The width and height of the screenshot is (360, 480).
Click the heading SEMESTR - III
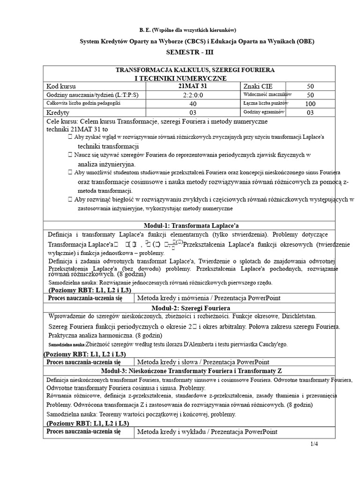pos(196,53)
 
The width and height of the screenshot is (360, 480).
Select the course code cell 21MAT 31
pos(193,86)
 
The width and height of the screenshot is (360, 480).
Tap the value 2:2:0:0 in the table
pos(193,95)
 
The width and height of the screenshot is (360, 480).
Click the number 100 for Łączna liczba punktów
pos(310,104)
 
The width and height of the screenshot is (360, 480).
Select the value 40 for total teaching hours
pos(193,104)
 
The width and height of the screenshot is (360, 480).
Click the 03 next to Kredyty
pos(193,113)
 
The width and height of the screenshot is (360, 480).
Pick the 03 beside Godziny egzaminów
pos(310,113)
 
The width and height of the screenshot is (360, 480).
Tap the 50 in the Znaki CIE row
pos(310,87)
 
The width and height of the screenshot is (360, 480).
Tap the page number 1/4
pos(314,444)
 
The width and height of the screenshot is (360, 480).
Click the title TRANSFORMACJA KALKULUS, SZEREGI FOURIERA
pos(195,70)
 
